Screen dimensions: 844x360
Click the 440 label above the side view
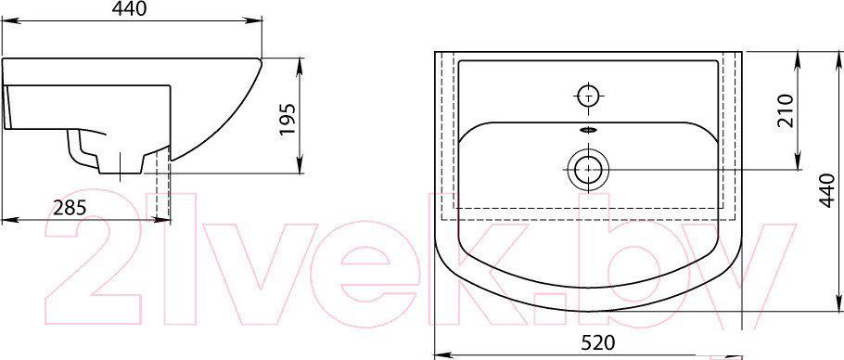click(130, 9)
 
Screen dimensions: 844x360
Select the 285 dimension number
click(70, 207)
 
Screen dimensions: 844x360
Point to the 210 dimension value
click(786, 110)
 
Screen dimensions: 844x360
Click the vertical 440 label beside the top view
click(830, 191)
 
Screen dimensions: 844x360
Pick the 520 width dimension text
click(598, 341)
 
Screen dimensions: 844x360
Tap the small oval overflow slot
click(589, 129)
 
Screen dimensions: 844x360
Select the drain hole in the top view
click(588, 169)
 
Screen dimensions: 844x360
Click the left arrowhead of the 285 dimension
click(6, 220)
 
